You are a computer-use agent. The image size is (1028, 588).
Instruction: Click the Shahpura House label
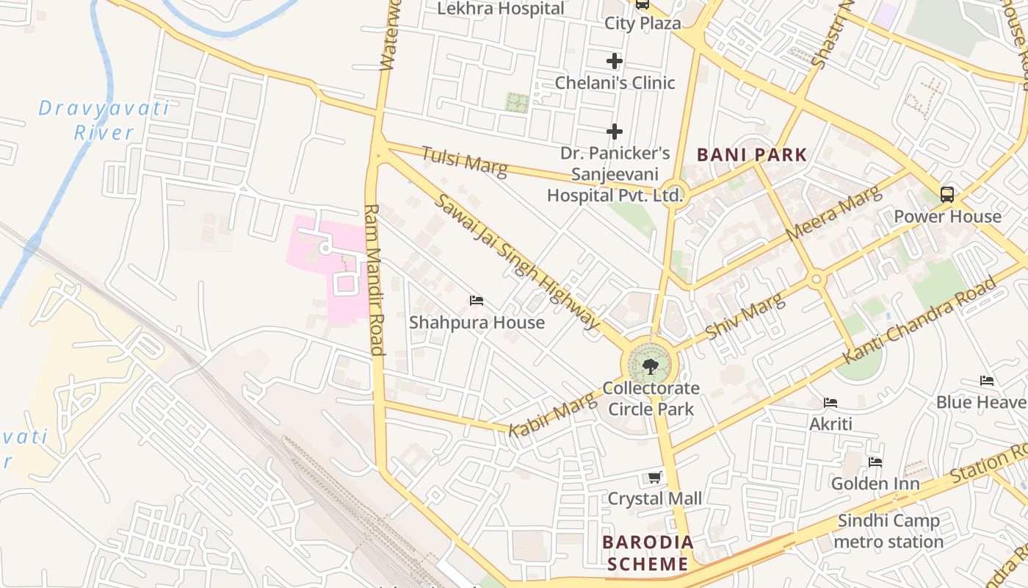(x=477, y=323)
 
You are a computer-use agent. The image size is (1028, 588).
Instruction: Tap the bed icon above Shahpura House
(x=477, y=301)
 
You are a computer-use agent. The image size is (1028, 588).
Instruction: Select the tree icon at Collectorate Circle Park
(x=650, y=366)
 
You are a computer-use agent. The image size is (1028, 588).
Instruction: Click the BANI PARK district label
(x=751, y=155)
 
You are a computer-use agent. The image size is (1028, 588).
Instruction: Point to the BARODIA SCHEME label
(x=648, y=553)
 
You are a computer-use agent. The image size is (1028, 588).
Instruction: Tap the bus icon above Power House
(x=947, y=195)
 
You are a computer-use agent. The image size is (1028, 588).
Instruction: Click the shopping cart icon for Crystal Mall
(x=655, y=478)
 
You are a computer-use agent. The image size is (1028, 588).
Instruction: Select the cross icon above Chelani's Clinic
(x=615, y=61)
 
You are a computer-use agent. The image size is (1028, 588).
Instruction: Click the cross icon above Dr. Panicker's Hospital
(x=615, y=132)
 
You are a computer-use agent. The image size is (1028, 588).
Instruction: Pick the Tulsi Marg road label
(x=464, y=161)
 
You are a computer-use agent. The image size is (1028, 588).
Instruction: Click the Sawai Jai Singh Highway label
(x=517, y=260)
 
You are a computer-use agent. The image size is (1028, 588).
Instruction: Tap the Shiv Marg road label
(x=745, y=313)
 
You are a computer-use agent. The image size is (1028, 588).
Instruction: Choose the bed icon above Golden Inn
(x=875, y=462)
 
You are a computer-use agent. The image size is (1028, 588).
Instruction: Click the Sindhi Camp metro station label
(x=888, y=531)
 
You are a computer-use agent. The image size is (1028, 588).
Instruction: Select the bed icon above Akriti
(x=830, y=403)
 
